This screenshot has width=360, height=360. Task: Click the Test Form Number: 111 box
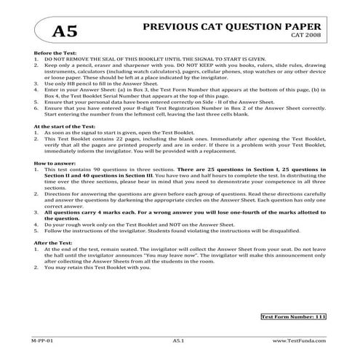[292, 316]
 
